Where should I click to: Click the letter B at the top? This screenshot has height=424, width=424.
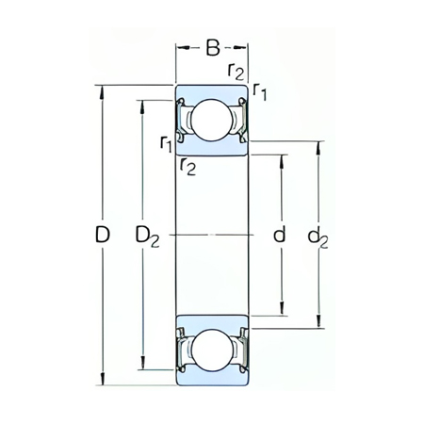[213, 47]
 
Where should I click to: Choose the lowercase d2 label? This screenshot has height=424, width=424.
[318, 236]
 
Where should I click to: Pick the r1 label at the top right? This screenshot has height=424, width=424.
[260, 90]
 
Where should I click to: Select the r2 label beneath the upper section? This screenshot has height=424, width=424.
[188, 166]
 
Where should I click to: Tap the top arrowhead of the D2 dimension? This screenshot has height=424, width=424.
[142, 100]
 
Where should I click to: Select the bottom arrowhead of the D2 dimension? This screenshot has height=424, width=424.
[142, 369]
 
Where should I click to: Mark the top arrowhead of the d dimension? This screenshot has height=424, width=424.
[281, 155]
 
